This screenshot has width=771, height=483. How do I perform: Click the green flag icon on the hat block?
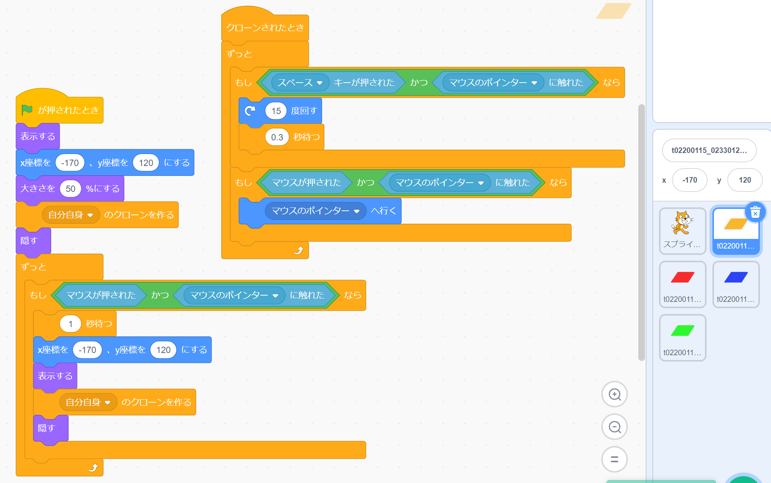click(x=27, y=110)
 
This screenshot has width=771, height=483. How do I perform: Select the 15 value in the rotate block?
click(x=276, y=111)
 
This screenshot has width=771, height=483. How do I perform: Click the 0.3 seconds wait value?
click(x=277, y=137)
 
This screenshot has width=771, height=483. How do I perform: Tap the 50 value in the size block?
click(x=70, y=189)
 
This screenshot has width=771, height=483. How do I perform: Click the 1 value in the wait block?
click(x=70, y=324)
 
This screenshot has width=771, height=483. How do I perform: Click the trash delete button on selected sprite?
click(x=755, y=212)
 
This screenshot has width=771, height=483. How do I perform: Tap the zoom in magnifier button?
click(x=615, y=394)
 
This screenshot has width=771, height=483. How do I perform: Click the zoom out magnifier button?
click(x=615, y=427)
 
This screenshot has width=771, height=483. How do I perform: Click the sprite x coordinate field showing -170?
click(x=689, y=180)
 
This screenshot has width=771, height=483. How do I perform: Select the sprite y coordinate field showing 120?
click(x=745, y=180)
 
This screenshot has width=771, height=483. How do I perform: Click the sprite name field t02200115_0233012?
click(x=709, y=150)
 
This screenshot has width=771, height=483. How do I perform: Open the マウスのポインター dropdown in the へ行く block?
click(x=357, y=211)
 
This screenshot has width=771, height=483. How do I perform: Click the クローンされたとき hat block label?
click(x=265, y=27)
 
